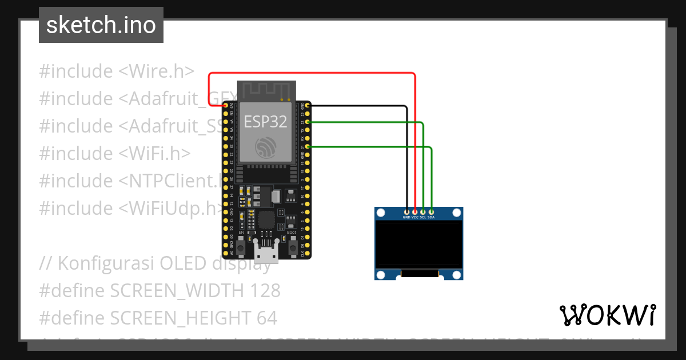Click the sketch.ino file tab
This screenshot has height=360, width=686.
coord(101,25)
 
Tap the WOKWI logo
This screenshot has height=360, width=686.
coord(607,315)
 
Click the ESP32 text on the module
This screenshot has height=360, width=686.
coord(265,121)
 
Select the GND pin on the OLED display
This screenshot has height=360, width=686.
coord(406,212)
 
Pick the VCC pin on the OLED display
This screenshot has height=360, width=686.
coord(415,212)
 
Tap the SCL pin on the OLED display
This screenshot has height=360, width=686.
coord(423,212)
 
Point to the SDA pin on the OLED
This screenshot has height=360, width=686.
coord(431,212)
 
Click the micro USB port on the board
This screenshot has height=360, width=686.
coord(266,252)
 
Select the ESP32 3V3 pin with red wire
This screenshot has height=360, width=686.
coord(225,106)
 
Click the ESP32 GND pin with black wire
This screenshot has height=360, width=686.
coord(308,106)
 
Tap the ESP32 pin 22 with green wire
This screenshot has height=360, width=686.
coord(308,122)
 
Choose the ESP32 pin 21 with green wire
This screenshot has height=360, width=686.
coord(308,147)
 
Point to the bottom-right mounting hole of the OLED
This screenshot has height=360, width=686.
coord(456,274)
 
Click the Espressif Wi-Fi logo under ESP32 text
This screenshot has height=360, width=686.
coord(266,147)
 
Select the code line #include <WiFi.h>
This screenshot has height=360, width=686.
coord(114,154)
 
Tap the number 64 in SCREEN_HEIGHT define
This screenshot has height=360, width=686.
coord(265,318)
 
